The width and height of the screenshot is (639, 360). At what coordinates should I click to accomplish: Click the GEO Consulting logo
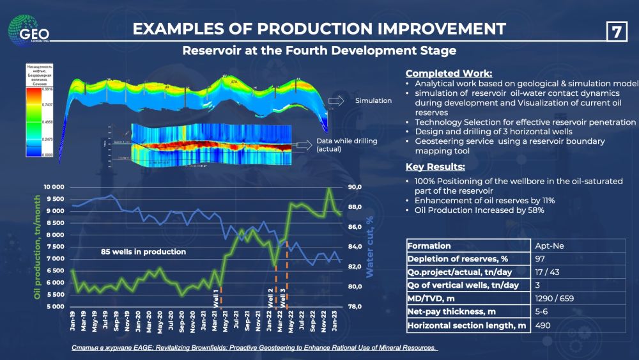click(x=29, y=29)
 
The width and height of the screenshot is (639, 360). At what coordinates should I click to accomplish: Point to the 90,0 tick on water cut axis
click(x=355, y=187)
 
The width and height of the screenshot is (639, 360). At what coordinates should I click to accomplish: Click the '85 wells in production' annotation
click(x=143, y=252)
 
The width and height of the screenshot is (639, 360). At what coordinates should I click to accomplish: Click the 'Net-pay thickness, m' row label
click(x=452, y=312)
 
